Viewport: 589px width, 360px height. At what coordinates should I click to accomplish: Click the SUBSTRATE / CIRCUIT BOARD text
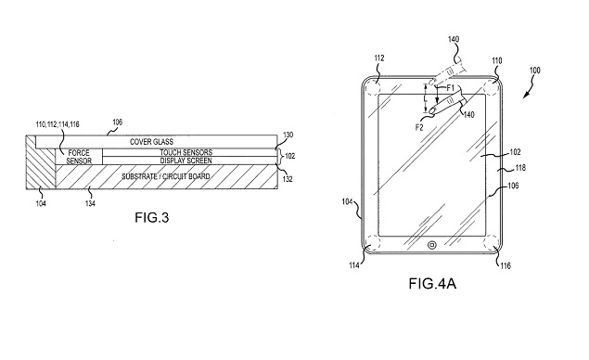tap(165, 174)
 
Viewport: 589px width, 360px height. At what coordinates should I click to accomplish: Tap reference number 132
tap(289, 175)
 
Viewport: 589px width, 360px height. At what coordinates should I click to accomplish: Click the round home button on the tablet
tap(431, 246)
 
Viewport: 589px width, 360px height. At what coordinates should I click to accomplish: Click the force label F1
tap(451, 89)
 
